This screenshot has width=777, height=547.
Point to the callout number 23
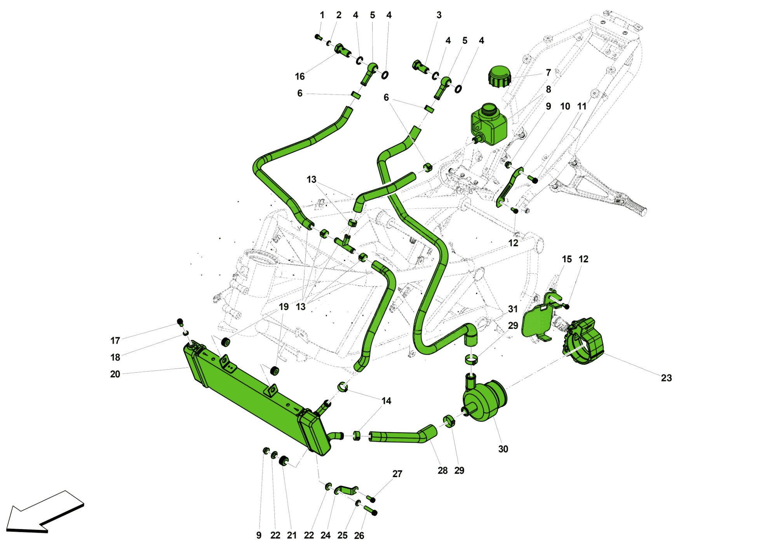point(666,378)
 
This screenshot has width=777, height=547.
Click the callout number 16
point(300,76)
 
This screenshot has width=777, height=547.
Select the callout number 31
point(513,309)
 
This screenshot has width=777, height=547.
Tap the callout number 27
point(397,474)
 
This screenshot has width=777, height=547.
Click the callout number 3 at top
point(439,15)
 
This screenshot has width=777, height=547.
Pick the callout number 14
point(386,401)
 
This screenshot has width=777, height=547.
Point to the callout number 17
point(115,341)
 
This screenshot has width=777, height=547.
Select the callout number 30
point(503,449)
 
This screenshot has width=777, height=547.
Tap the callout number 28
point(443,471)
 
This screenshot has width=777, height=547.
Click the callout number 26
point(359,536)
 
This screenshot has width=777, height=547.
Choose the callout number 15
point(567,259)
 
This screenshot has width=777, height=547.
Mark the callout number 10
point(565,106)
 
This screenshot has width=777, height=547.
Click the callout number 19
point(284,306)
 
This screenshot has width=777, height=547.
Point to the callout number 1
point(322,15)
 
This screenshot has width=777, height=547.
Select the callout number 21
point(292,535)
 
